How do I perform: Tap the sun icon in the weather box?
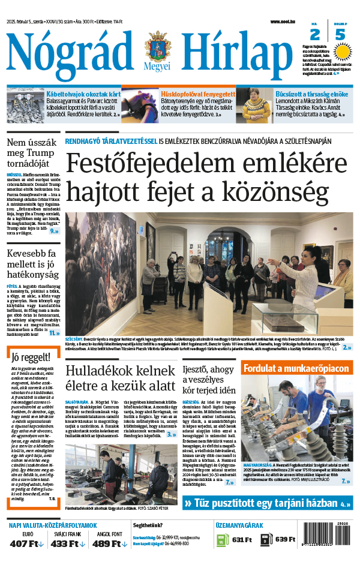click(x=341, y=52)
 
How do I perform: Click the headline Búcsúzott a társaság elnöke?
click(x=312, y=94)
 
